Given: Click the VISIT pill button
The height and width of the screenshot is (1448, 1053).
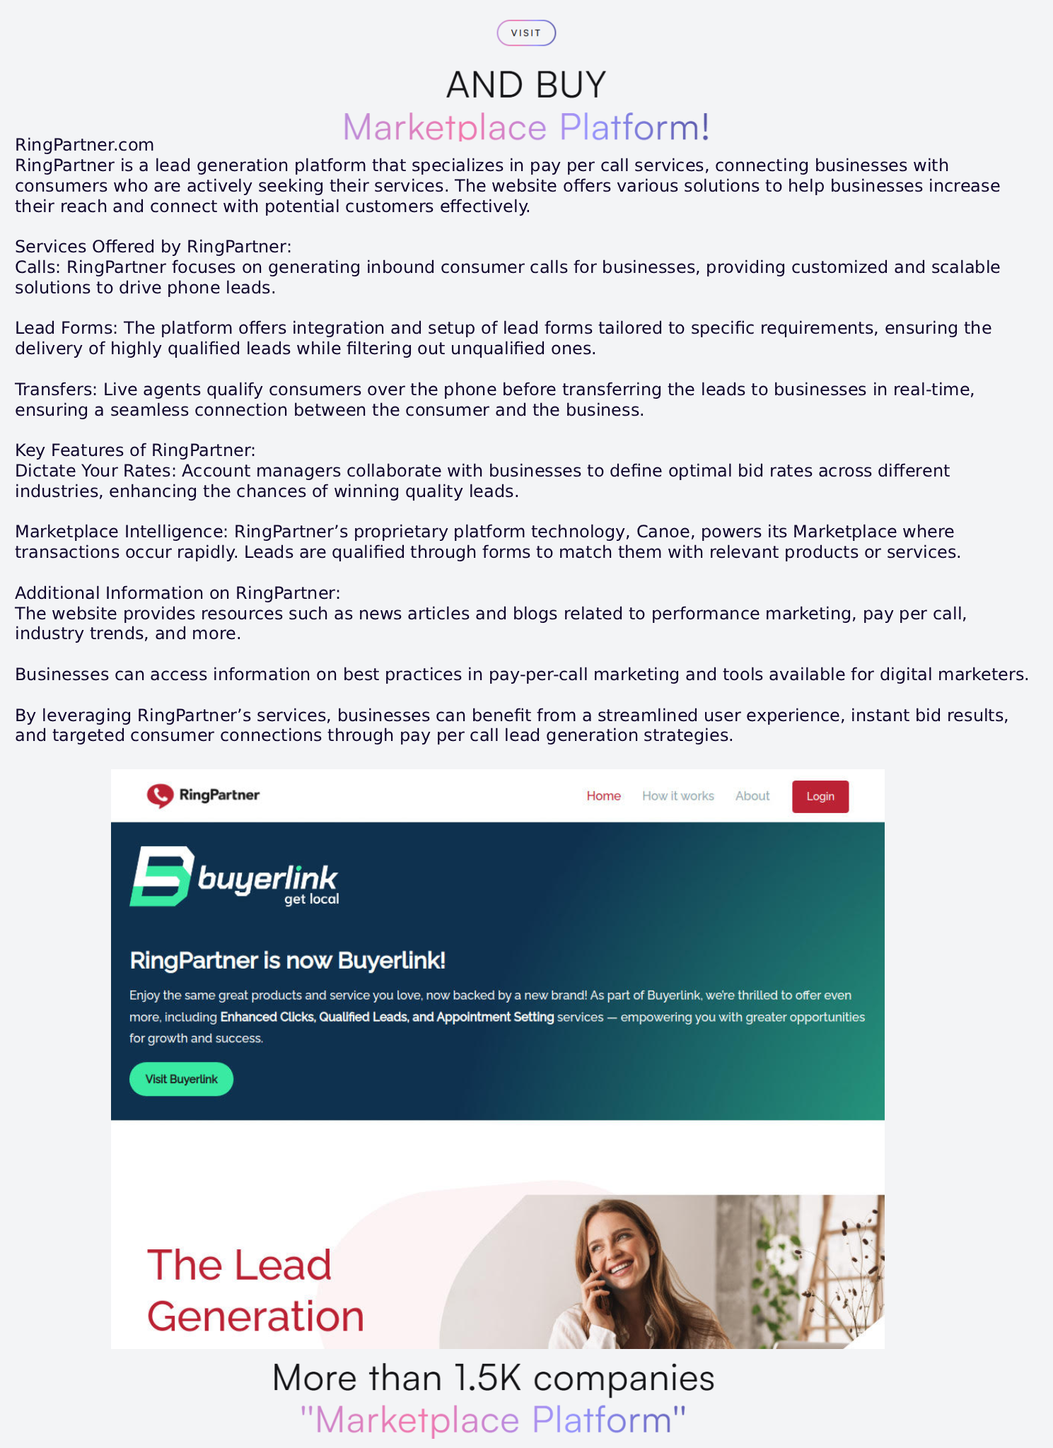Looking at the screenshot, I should point(525,33).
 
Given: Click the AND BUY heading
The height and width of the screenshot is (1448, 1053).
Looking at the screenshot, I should point(525,85).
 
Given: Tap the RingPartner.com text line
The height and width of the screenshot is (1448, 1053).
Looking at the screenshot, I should point(84,145).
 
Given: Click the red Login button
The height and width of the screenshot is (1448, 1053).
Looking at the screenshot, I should point(820,796).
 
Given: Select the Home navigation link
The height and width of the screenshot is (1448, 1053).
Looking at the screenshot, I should point(603,796).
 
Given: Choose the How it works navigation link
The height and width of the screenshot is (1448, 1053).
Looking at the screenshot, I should point(677,796).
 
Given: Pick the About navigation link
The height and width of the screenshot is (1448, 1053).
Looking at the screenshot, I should point(752,796).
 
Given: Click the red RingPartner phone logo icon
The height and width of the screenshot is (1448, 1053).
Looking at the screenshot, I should point(160,795).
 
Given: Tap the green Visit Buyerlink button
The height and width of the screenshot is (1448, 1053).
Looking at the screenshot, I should point(181,1079).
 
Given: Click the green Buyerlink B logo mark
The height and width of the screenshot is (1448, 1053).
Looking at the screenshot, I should point(162,876).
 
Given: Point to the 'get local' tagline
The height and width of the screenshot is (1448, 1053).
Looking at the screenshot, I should point(311,899).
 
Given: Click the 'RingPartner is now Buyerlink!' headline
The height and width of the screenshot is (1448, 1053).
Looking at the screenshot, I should point(287,960).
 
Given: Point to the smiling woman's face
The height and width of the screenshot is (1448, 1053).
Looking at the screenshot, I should point(613,1249).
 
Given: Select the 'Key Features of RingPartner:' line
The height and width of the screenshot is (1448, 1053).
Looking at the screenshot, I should point(135,450).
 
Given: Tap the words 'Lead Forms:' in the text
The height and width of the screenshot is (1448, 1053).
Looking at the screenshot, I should point(66,328).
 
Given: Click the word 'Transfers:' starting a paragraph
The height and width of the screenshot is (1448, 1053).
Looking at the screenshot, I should point(57,390).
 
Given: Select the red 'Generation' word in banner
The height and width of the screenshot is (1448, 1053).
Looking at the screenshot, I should point(255,1316).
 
